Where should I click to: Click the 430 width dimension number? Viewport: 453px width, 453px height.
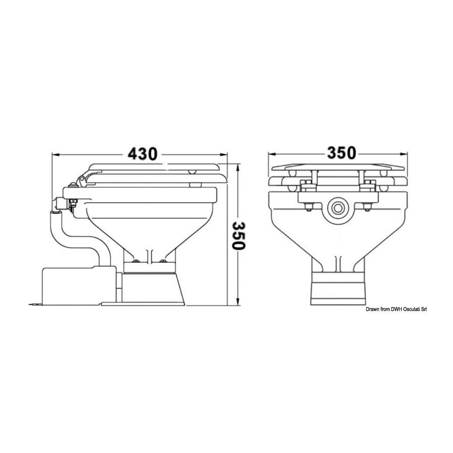click(x=142, y=154)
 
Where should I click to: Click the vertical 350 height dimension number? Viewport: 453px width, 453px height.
click(x=239, y=236)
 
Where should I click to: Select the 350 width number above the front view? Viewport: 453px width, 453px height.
click(x=341, y=153)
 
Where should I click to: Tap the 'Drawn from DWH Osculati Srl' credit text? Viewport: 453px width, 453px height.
click(x=396, y=310)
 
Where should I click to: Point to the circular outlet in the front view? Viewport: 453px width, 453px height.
click(x=337, y=208)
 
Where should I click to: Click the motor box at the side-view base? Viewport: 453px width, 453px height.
click(x=79, y=285)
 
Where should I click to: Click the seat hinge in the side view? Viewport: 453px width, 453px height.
click(x=82, y=180)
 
